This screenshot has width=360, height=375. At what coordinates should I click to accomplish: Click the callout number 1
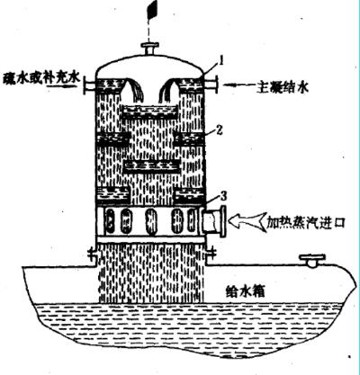pyautogui.click(x=221, y=62)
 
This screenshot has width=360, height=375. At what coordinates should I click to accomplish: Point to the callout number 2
pyautogui.click(x=219, y=130)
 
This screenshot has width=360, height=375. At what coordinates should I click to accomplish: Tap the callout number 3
pyautogui.click(x=223, y=196)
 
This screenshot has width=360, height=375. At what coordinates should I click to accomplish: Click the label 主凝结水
pyautogui.click(x=283, y=86)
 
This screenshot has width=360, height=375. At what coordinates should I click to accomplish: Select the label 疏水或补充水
pyautogui.click(x=41, y=79)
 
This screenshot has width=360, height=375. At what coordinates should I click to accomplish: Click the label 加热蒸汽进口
pyautogui.click(x=306, y=223)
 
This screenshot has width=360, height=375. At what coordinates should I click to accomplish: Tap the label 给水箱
pyautogui.click(x=245, y=290)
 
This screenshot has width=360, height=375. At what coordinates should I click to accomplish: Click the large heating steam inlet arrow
pyautogui.click(x=247, y=222)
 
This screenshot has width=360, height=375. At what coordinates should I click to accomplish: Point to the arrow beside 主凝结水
pyautogui.click(x=239, y=85)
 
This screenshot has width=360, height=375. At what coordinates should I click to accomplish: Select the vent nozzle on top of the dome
pyautogui.click(x=150, y=49)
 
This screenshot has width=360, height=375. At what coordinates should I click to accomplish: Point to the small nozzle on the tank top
pyautogui.click(x=313, y=260)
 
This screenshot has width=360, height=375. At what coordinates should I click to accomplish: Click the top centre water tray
pyautogui.click(x=150, y=112)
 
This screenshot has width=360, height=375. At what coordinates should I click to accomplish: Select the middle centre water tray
pyautogui.click(x=151, y=166)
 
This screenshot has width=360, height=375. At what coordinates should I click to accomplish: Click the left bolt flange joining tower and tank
pyautogui.click(x=93, y=254)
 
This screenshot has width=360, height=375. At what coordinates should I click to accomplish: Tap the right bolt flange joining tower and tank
pyautogui.click(x=211, y=254)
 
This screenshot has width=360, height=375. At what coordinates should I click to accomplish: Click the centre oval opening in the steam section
pyautogui.click(x=151, y=224)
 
